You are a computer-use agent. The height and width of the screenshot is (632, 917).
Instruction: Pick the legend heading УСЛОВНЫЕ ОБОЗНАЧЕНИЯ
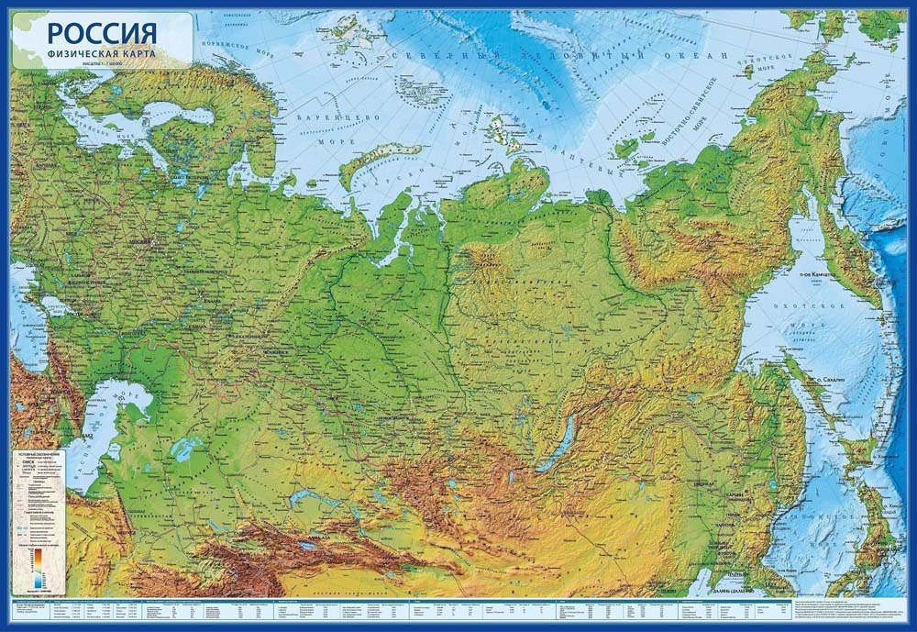pyautogui.click(x=39, y=455)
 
